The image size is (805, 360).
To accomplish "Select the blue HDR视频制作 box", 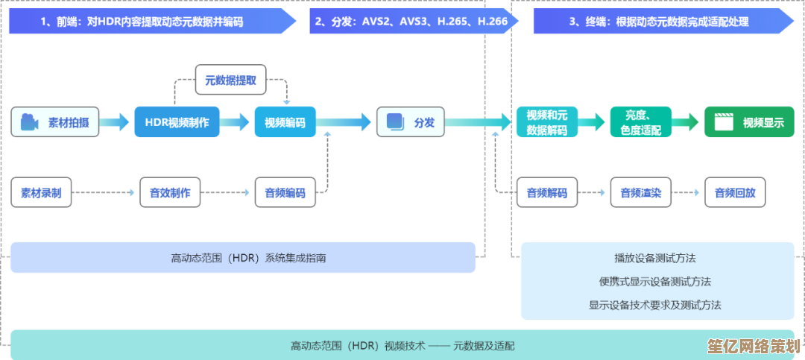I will point(177,122).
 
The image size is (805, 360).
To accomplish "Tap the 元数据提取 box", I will point(230,80).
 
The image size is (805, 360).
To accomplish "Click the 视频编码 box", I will point(285,122).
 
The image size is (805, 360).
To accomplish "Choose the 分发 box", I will point(410,122).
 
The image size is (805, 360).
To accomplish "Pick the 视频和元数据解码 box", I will point(546,122).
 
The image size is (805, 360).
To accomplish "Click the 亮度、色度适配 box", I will point(640,122).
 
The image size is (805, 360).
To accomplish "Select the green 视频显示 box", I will point(749,122).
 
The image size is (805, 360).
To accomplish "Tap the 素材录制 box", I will point(41,193).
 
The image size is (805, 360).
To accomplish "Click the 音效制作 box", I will point(170,193).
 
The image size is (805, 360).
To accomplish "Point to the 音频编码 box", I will point(285,193).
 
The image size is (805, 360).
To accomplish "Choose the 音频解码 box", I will point(546,193).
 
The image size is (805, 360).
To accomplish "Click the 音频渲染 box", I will point(640,193).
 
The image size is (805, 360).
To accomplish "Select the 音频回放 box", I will point(735,193).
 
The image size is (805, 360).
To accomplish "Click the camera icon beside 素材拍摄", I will point(29,122).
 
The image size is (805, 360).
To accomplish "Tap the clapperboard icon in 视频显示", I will point(724,122).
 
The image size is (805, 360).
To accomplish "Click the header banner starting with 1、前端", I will point(154,22).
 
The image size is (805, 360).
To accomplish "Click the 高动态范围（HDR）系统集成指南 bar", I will point(243,258).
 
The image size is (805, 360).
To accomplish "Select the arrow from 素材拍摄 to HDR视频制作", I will point(115,122).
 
